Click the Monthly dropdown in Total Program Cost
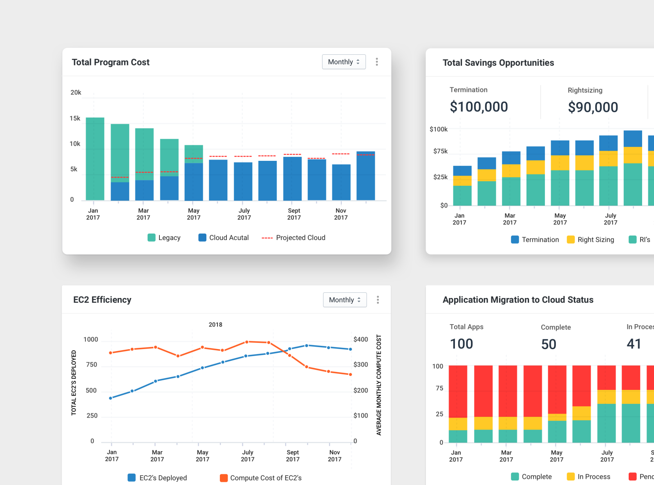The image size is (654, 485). coord(344,62)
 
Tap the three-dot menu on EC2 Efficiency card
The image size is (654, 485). coord(378,300)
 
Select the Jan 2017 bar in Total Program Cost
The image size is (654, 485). coord(95,159)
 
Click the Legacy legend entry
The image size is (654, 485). coord(164,238)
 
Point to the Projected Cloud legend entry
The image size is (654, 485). coord(293,238)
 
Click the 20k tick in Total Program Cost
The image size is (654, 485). coord(76,93)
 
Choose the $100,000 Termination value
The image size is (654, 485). coord(479,107)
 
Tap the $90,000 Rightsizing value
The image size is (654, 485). coord(593,107)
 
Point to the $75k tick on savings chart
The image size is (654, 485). coord(440,151)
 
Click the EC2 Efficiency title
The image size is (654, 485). coord(102,300)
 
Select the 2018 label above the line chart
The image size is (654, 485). coord(215,325)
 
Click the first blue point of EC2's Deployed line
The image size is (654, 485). coord(111,398)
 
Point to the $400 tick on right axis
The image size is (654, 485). coord(361,340)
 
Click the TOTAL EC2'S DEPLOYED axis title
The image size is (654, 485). coord(74,383)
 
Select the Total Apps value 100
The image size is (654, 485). coord(461,344)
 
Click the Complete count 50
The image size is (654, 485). coord(549,345)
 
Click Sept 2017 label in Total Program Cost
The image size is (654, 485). coord(294,214)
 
